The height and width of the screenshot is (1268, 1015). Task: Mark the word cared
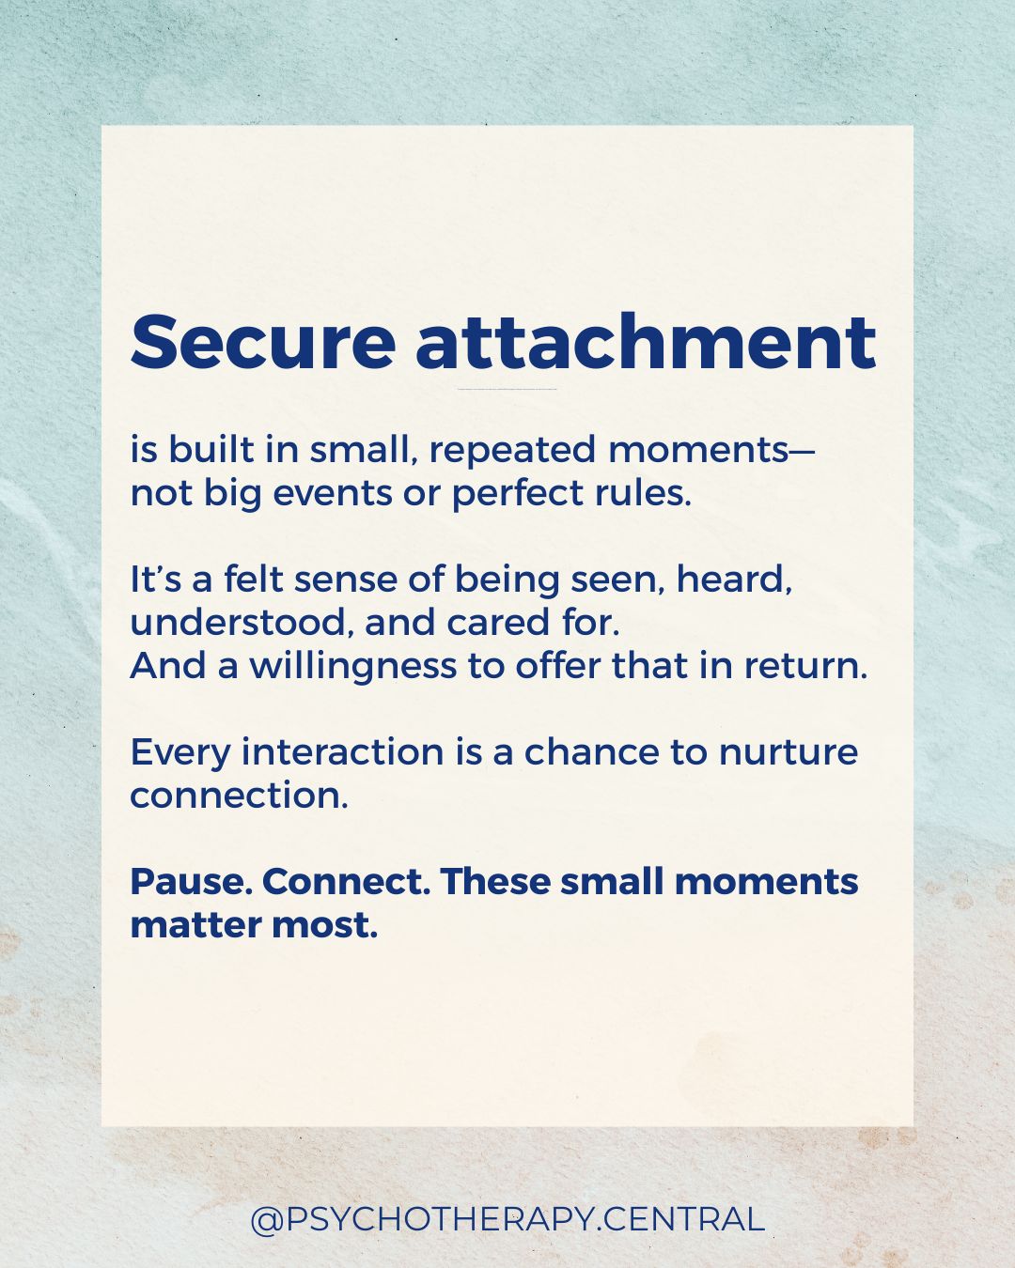pyautogui.click(x=498, y=623)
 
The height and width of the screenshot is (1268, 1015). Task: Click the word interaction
pyautogui.click(x=342, y=752)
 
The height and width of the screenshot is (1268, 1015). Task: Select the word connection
pyautogui.click(x=239, y=796)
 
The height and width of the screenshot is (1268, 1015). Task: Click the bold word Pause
pyautogui.click(x=190, y=882)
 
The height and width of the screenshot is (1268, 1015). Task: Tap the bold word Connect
pyautogui.click(x=345, y=882)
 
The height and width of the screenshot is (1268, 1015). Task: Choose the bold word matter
pyautogui.click(x=195, y=926)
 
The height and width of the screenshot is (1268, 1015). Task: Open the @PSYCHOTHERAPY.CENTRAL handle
pyautogui.click(x=507, y=1219)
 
